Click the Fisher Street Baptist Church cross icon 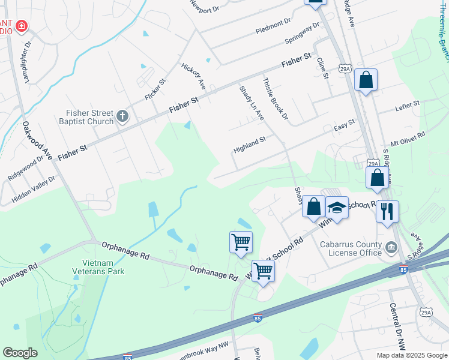122,116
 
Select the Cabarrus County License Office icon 391,247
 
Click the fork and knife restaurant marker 387,211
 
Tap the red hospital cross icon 22,26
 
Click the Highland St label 250,144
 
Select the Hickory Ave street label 193,76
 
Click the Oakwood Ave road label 35,140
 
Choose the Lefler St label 407,106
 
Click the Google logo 20,353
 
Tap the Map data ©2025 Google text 411,355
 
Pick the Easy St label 345,125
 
